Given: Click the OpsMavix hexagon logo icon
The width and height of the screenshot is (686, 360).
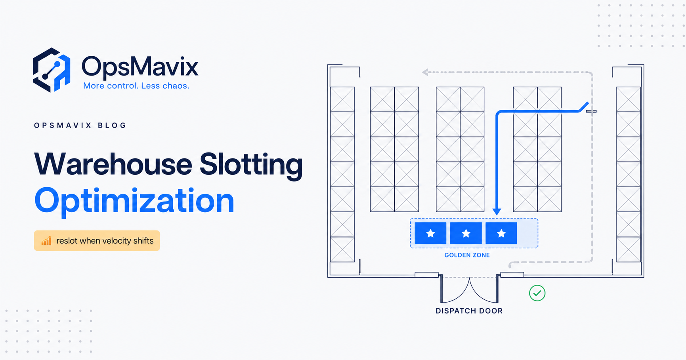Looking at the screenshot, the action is coord(52,70).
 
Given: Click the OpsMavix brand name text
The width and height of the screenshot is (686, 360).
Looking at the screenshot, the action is coord(139,67).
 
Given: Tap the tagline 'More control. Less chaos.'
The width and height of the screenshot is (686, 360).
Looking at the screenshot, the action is coord(136,86).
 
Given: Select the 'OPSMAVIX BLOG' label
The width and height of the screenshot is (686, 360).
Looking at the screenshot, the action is coord(80,126).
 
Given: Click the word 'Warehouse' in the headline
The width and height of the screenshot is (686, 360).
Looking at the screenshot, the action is coord(113,164).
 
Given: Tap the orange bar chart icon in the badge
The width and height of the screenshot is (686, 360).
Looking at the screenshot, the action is coord(46,241).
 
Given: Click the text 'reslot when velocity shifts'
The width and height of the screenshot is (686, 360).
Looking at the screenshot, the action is coord(105,241).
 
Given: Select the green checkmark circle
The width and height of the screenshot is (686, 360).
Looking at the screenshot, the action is coord(537,293).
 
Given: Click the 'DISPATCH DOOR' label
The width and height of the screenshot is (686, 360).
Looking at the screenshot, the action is coord(469,311).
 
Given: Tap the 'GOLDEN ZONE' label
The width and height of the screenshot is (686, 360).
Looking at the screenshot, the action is coord(467,255).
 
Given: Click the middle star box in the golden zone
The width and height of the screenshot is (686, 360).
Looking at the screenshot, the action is coord(466,233).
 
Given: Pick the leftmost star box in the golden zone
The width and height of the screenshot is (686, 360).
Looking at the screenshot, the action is coord(430,233).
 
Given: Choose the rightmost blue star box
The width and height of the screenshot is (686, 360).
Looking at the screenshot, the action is coord(501,233).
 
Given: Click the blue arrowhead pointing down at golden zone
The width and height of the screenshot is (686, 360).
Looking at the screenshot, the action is coord(497,212).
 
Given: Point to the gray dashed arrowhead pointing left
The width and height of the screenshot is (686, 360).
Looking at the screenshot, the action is coord(426,72).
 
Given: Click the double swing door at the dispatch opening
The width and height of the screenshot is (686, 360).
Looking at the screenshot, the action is coord(469,290).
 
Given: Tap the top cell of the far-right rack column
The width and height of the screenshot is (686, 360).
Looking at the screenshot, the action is coord(629,99).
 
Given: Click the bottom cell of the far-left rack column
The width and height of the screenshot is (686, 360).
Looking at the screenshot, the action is coord(342,250).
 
